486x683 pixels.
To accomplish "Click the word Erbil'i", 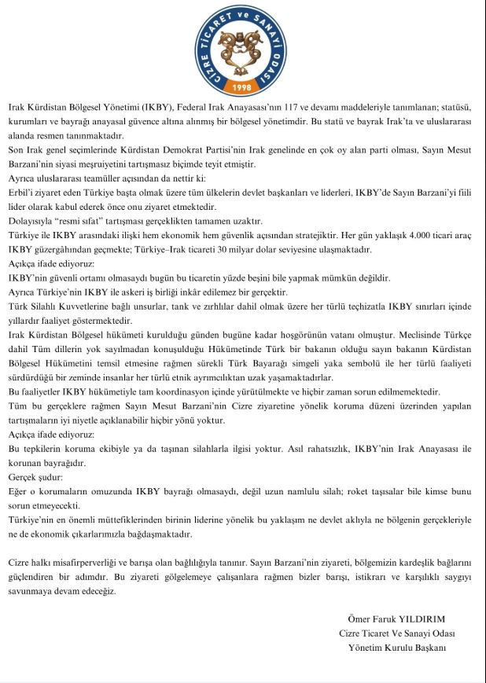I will coord(21,193).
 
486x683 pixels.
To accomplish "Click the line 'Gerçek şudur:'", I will coord(33,476).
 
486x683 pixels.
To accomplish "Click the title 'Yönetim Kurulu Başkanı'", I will coord(397,648).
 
